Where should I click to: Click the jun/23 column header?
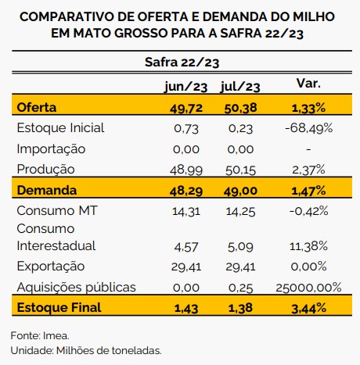[186, 87]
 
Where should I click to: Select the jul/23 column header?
[240, 87]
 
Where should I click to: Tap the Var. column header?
[308, 84]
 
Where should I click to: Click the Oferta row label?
[37, 107]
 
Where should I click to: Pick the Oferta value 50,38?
[240, 108]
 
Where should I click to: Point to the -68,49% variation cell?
[309, 128]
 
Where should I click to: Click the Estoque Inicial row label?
[60, 128]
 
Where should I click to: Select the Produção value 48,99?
[186, 170]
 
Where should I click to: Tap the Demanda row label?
[47, 190]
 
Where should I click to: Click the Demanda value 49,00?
[240, 191]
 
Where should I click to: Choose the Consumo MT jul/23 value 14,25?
[240, 212]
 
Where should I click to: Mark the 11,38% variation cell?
[308, 246]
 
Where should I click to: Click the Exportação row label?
[51, 267]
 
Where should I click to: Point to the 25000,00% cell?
[308, 288]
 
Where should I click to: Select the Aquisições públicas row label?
[77, 287]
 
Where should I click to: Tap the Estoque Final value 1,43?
[186, 309]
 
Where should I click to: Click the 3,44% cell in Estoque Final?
[308, 309]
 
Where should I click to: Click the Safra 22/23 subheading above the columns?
[182, 63]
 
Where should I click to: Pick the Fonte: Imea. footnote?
[40, 335]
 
